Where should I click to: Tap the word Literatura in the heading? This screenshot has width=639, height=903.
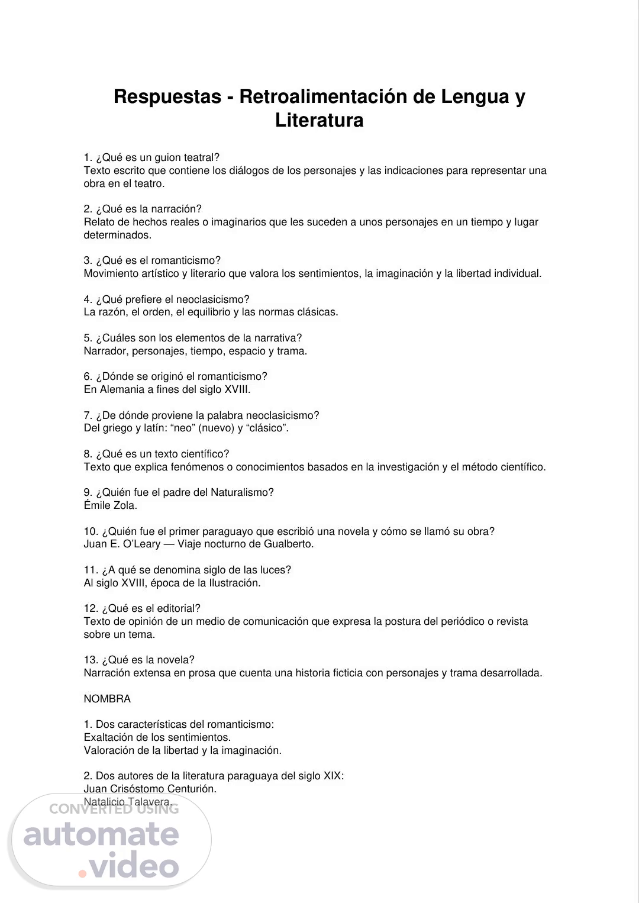(319, 120)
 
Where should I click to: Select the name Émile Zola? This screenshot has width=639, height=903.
(111, 505)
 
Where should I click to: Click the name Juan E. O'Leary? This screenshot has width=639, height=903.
(118, 544)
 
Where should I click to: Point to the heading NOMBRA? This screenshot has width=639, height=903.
(107, 698)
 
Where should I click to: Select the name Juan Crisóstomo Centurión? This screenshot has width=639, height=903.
(150, 789)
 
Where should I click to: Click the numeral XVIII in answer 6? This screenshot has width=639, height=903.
(237, 389)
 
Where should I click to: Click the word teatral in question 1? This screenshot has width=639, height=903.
(199, 157)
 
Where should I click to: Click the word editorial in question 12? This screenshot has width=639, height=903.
(176, 608)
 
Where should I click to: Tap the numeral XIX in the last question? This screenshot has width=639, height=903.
(332, 776)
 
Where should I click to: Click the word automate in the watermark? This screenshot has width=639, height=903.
(101, 834)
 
